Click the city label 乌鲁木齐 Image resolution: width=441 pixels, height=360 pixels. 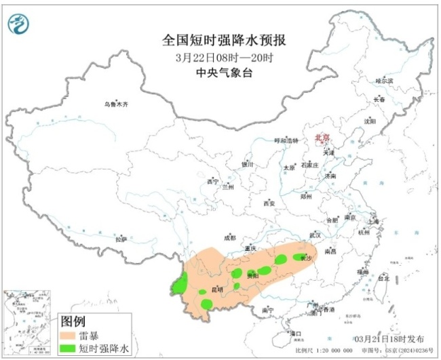point(116,104)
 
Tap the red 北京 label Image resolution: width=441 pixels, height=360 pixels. point(322,138)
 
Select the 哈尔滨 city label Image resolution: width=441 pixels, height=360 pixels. point(385,81)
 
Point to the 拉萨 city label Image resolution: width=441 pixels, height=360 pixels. point(121,239)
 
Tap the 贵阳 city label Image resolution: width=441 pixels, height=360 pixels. point(252,275)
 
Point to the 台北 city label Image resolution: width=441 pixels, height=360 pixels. point(383,278)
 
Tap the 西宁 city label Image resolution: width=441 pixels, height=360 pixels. point(213,182)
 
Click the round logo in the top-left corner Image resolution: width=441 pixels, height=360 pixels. point(19,25)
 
